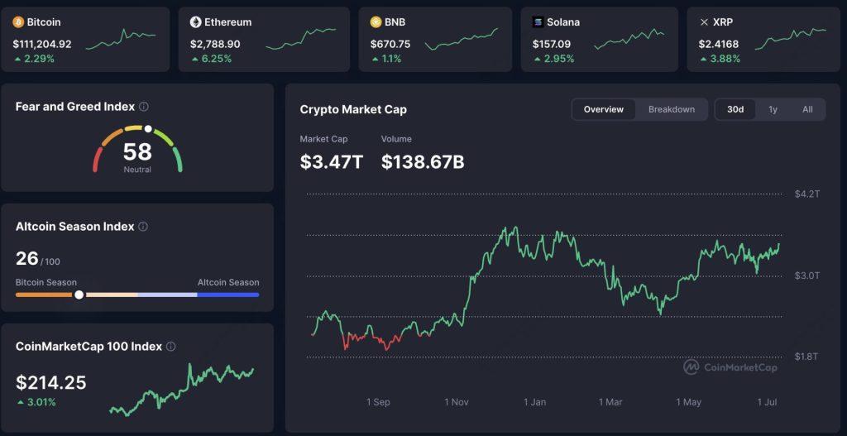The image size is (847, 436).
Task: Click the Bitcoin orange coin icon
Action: (x=18, y=22)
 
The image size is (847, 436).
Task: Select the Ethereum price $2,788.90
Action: (x=215, y=43)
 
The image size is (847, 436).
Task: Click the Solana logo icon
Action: (x=539, y=22)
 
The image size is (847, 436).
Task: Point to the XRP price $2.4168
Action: (x=719, y=43)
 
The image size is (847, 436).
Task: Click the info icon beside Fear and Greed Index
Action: (x=144, y=107)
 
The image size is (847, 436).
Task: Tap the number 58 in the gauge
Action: (x=137, y=151)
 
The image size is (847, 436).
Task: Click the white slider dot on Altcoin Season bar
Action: (x=79, y=295)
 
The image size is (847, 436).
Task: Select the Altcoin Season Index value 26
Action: (x=27, y=258)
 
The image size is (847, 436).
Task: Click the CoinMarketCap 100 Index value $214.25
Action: (x=50, y=382)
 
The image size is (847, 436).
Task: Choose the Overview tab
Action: (x=603, y=109)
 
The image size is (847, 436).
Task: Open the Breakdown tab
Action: (x=671, y=109)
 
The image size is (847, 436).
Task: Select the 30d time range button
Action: (x=735, y=109)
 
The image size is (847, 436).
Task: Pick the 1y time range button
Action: (x=773, y=109)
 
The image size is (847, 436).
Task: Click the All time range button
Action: (x=807, y=109)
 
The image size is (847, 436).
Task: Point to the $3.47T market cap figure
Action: (x=331, y=161)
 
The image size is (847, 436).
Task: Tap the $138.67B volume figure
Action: (x=422, y=161)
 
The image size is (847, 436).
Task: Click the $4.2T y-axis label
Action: (x=806, y=194)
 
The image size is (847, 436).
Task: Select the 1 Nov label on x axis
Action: (x=457, y=402)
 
